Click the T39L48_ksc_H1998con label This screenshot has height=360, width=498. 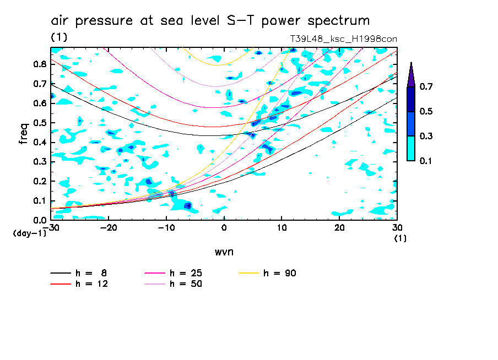(x=343, y=39)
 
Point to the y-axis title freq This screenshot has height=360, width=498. (x=23, y=134)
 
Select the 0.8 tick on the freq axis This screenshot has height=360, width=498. (x=40, y=64)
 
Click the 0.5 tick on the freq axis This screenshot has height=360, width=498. (x=40, y=123)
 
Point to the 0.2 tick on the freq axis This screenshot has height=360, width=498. (x=40, y=181)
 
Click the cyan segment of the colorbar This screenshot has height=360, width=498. (x=411, y=148)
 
